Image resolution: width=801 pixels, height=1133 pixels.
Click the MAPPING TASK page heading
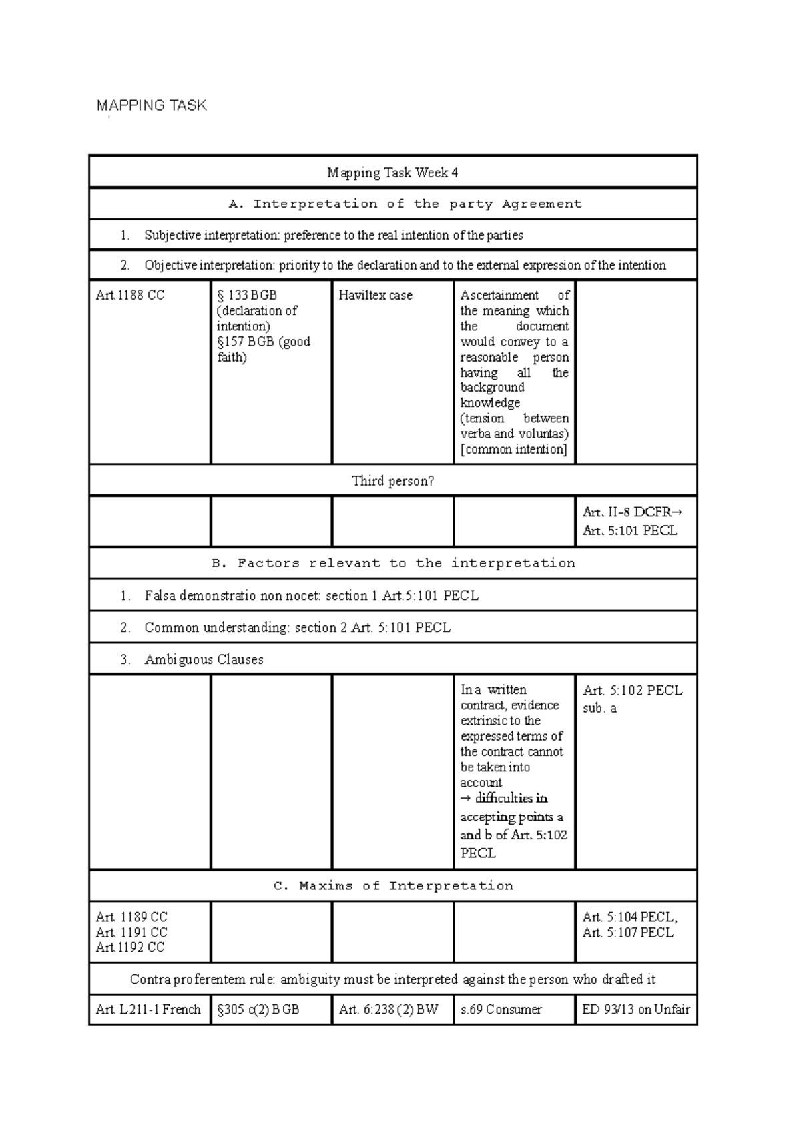tap(152, 105)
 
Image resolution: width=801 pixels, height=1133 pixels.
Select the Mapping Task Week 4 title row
tap(392, 173)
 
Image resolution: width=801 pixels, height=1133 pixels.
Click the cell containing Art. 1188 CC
tap(130, 295)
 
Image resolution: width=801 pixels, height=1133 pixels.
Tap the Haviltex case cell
tap(375, 295)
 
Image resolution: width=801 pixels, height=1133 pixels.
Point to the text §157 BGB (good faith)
tap(263, 349)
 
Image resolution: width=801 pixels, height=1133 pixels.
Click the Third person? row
tap(392, 481)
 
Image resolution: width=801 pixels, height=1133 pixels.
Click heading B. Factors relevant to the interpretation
tap(392, 563)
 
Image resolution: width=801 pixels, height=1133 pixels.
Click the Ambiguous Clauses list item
tap(204, 659)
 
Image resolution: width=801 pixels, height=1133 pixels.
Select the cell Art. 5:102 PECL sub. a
tap(631, 699)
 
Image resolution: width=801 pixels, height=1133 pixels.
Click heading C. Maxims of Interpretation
tap(392, 886)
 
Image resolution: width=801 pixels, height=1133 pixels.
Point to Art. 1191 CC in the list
tap(131, 932)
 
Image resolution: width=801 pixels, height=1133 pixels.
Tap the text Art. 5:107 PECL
tap(627, 933)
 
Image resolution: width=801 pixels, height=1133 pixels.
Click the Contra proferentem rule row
tap(392, 980)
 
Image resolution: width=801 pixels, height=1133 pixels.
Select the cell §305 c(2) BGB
tap(258, 1010)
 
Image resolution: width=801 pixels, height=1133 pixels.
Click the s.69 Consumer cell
tap(501, 1010)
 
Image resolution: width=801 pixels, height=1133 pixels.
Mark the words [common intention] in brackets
tap(513, 449)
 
